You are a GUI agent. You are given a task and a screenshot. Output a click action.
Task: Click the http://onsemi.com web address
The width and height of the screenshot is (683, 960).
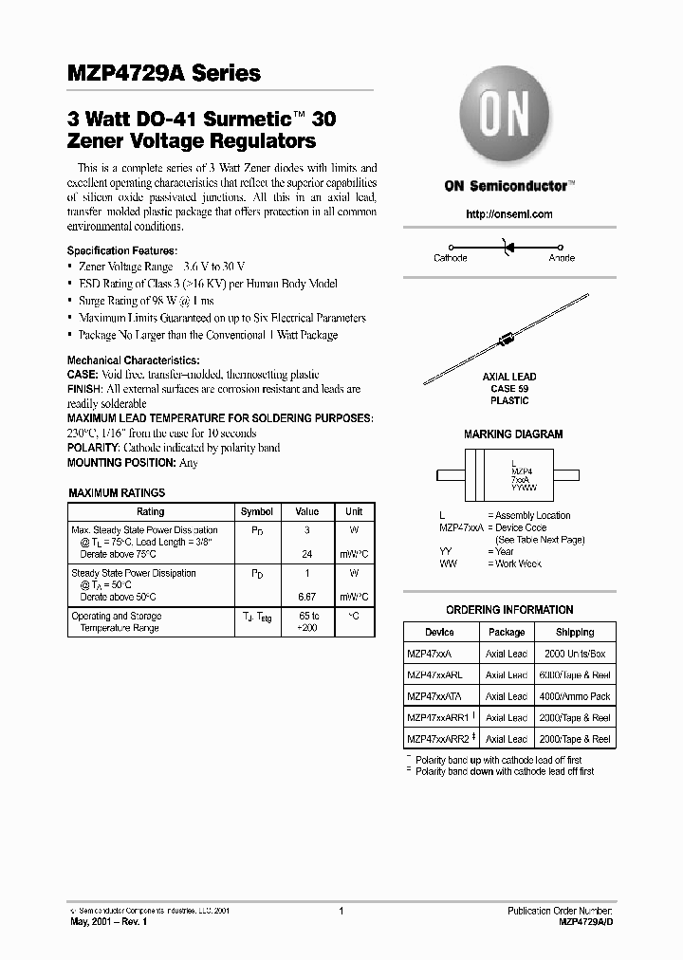pos(508,214)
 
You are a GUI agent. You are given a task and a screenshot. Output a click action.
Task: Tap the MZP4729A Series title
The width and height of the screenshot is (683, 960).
pos(163,73)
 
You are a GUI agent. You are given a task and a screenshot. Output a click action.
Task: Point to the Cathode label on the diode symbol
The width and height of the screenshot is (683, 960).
pos(450,258)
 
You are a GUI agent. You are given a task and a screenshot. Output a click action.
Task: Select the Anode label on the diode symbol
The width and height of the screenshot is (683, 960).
pos(562,258)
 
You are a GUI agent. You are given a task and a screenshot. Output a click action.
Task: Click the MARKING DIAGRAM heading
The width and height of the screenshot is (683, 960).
pos(512,434)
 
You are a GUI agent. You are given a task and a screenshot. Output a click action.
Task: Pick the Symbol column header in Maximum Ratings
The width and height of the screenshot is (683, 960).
pos(256,511)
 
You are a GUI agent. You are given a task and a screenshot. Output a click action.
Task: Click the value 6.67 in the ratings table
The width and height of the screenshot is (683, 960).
pos(306,598)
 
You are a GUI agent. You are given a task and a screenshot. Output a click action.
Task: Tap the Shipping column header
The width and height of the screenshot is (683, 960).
pos(575,632)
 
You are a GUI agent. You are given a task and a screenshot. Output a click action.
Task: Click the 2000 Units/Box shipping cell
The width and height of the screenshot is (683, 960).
pos(575,654)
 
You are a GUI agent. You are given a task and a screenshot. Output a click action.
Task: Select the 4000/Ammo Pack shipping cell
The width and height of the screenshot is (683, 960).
pos(575,696)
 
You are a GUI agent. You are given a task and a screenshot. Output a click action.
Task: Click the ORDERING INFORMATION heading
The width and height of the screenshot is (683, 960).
pos(509,610)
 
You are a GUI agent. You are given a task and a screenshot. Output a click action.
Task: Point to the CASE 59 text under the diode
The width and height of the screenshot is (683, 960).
pos(509,388)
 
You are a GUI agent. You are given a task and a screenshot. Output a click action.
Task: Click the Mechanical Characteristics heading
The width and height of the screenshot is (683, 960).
pos(133,360)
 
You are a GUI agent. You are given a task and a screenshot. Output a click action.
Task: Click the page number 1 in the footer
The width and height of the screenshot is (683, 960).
pos(340,911)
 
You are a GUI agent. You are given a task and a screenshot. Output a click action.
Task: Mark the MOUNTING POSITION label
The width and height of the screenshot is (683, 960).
pos(121,462)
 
